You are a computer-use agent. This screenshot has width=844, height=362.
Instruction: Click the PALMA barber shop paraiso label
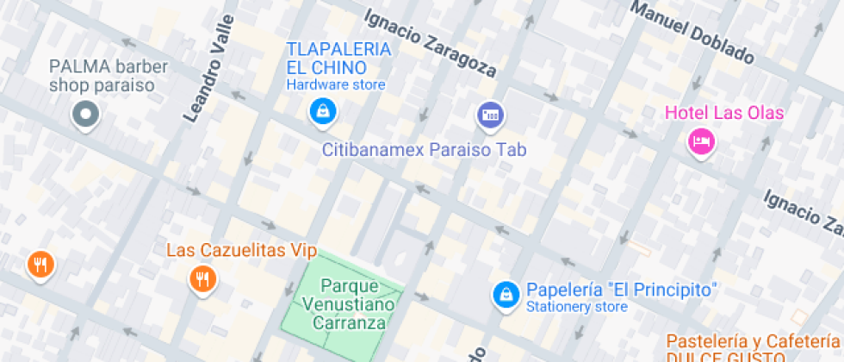point(102,76)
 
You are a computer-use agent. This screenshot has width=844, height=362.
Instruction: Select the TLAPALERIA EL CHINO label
point(338,58)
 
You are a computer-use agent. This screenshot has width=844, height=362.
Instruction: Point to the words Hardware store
point(336,85)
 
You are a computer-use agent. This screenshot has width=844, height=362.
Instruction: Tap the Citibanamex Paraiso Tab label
point(424,149)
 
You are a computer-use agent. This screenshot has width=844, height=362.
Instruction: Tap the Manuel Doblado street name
point(692,33)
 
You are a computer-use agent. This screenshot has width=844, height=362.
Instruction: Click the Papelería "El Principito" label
point(623,289)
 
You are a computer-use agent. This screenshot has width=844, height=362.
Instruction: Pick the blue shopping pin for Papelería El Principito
point(505,294)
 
